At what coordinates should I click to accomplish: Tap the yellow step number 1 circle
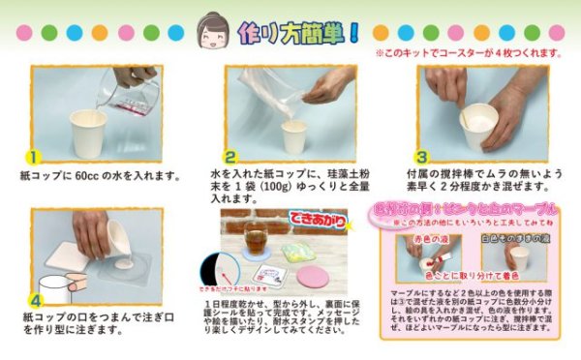click(33, 156)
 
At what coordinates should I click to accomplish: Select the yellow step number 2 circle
click(230, 156)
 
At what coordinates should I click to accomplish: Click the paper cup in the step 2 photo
click(293, 135)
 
